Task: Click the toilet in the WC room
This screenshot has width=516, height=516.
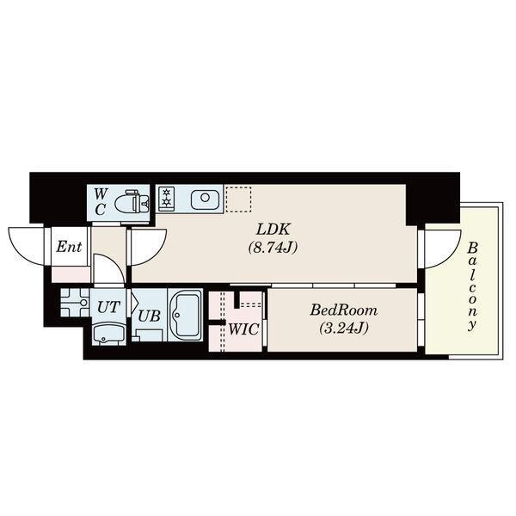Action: click(132, 202)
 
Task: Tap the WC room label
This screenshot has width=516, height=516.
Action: click(100, 202)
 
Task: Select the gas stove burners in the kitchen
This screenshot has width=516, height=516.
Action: click(167, 199)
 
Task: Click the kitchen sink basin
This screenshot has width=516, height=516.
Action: click(205, 199)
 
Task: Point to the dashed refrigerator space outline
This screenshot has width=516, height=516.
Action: click(238, 200)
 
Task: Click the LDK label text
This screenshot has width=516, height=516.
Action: click(273, 230)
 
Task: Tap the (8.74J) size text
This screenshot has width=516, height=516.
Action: click(273, 247)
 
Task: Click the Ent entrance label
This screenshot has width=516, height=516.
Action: click(69, 247)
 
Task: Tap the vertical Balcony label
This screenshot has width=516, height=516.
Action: click(472, 286)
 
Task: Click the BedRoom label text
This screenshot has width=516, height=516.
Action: click(343, 310)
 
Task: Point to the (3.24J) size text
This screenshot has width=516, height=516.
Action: click(343, 328)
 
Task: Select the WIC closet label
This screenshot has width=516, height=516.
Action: click(243, 329)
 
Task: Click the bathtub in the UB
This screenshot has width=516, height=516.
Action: click(185, 315)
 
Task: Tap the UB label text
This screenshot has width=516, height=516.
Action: click(149, 316)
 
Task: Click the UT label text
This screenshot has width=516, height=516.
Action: click(108, 307)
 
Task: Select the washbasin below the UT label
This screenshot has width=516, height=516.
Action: click(108, 334)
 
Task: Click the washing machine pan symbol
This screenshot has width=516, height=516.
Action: click(75, 303)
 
